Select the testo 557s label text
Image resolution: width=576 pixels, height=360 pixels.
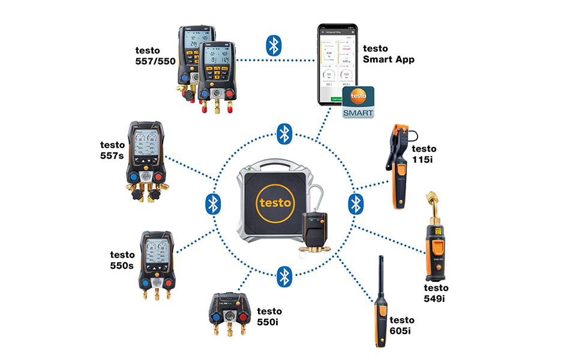click(113, 149)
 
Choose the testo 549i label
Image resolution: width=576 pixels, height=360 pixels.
click(436, 293)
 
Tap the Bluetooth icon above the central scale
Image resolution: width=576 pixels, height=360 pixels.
click(284, 133)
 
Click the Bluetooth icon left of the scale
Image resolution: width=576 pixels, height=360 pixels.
click(212, 203)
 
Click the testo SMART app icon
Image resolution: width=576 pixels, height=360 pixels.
click(358, 102)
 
